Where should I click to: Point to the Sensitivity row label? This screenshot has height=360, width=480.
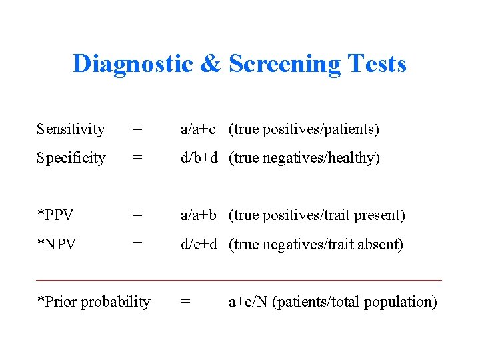(71, 129)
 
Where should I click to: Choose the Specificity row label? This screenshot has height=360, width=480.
(71, 158)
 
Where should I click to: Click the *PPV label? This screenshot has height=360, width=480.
(55, 215)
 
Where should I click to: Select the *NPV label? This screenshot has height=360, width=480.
(57, 245)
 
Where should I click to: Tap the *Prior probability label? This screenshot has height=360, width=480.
(94, 302)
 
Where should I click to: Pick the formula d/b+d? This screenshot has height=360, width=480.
(201, 158)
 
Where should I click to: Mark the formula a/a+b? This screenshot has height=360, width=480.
(201, 215)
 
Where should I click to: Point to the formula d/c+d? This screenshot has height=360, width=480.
(201, 245)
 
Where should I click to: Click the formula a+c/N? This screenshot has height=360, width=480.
(249, 302)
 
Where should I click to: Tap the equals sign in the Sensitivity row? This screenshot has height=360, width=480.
(137, 129)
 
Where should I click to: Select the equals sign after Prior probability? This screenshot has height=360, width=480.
(185, 302)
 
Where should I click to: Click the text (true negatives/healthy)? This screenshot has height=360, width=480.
(304, 158)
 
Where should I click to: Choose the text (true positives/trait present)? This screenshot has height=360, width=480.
(317, 215)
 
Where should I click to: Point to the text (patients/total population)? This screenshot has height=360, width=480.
(355, 302)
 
